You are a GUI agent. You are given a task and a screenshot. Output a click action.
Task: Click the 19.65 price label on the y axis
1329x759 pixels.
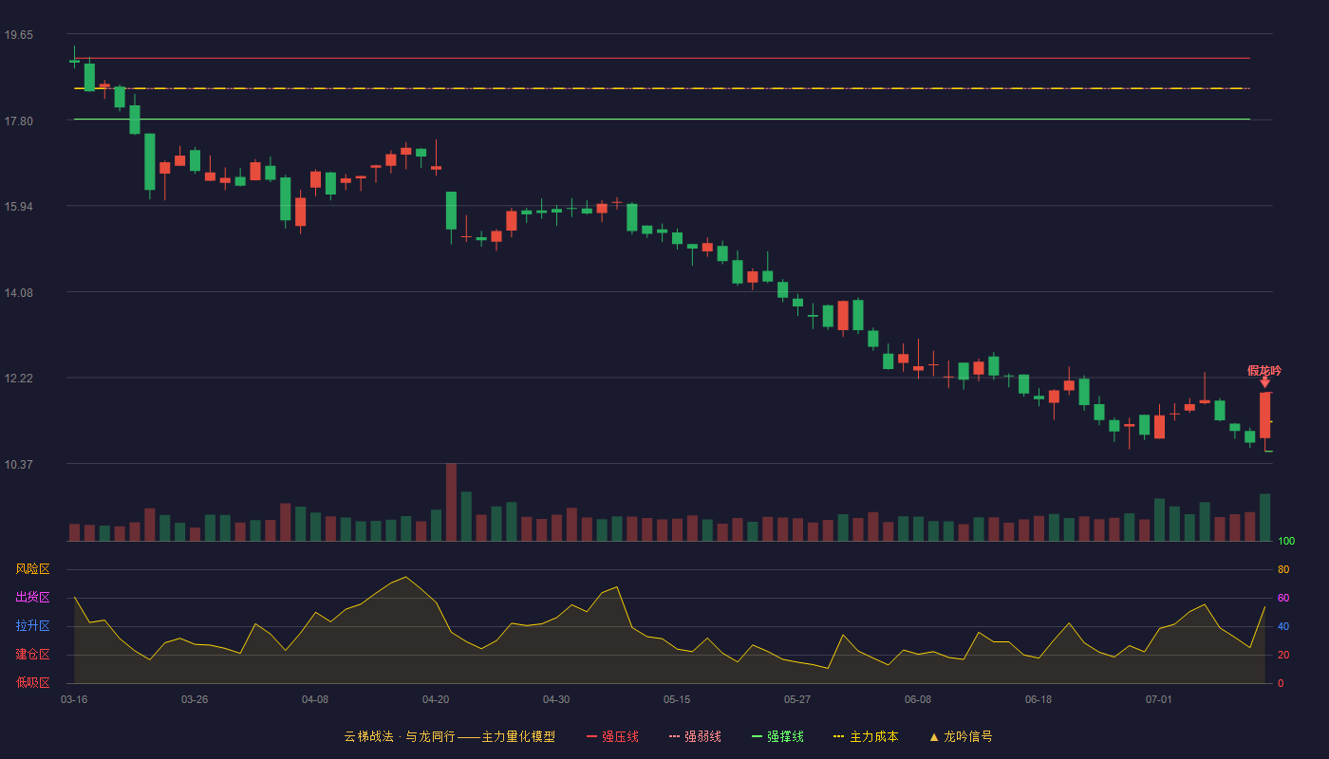pos(18,35)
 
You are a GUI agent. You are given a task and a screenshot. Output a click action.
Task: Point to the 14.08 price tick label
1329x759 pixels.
pos(18,293)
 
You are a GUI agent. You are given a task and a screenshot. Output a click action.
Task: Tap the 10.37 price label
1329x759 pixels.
pos(18,464)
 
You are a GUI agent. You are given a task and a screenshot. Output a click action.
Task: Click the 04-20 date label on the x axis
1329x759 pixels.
pos(436,700)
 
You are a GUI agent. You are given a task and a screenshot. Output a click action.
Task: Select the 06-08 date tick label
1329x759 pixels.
pos(918,700)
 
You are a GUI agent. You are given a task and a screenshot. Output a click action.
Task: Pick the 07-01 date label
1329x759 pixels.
pos(1159,700)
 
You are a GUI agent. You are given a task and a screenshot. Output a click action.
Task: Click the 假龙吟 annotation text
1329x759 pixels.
pos(1264,371)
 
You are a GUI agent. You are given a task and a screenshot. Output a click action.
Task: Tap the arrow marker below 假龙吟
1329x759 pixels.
pos(1264,382)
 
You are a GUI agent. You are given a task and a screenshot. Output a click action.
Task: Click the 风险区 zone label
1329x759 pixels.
pos(32,569)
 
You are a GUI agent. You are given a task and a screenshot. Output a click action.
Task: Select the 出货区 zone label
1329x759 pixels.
pos(32,597)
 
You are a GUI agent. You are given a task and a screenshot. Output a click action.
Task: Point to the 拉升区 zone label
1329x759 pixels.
pos(32,625)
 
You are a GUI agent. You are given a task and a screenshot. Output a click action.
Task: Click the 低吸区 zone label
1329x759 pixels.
pos(32,682)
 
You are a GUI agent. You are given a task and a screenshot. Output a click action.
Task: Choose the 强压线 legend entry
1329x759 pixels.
pos(612,736)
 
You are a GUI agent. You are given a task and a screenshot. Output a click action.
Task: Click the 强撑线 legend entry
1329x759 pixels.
pos(777,736)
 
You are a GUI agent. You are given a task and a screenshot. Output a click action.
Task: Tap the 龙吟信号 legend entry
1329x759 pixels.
pos(961,736)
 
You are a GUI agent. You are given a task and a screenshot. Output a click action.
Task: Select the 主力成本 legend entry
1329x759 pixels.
pos(866,736)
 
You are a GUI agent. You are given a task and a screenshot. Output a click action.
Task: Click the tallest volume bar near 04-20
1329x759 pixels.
pos(451,502)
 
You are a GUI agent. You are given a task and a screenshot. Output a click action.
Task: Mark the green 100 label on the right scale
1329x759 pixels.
pos(1286,541)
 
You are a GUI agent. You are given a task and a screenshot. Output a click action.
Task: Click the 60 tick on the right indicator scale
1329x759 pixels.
pos(1283,598)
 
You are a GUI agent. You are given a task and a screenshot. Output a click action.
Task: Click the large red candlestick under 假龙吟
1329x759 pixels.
pos(1264,416)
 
